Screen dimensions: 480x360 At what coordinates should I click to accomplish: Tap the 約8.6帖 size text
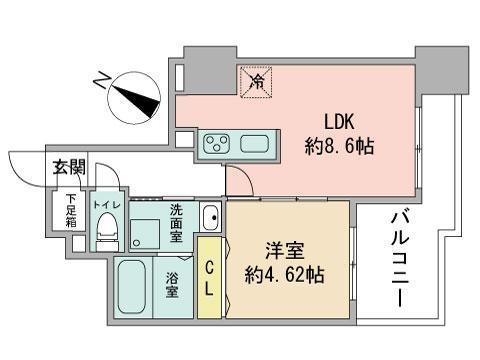339,146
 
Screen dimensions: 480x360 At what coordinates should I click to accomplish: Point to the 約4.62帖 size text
288,271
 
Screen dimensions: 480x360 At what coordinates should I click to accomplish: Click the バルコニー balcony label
400,257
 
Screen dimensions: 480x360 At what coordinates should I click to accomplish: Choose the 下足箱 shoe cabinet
71,210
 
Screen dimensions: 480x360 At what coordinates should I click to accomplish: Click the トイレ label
105,203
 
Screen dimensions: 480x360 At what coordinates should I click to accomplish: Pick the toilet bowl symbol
105,232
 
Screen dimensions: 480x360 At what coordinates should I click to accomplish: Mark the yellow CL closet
210,277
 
